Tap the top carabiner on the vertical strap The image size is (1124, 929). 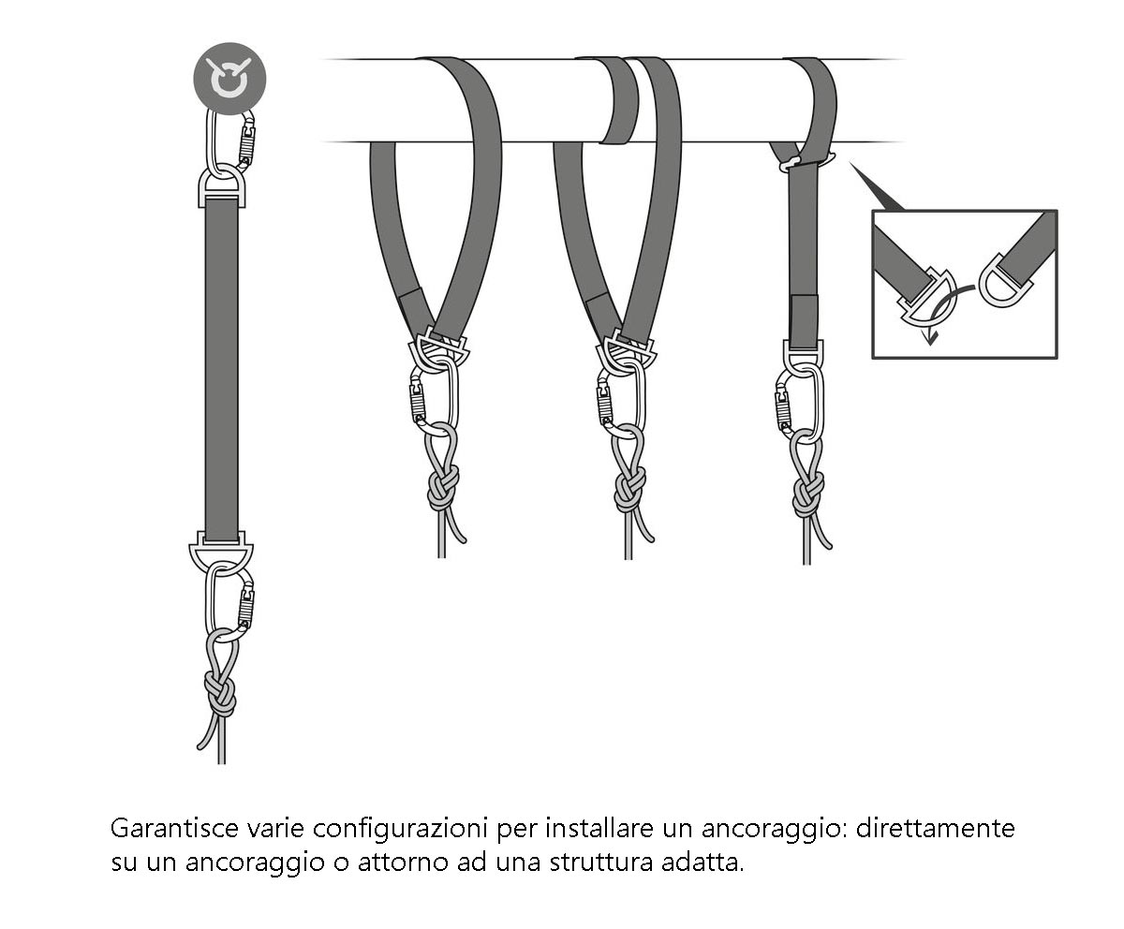pyautogui.click(x=230, y=140)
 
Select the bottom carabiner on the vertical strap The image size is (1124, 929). pyautogui.click(x=230, y=605)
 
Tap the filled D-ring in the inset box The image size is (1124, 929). pyautogui.click(x=922, y=295)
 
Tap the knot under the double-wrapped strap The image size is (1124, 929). pyautogui.click(x=629, y=487)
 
